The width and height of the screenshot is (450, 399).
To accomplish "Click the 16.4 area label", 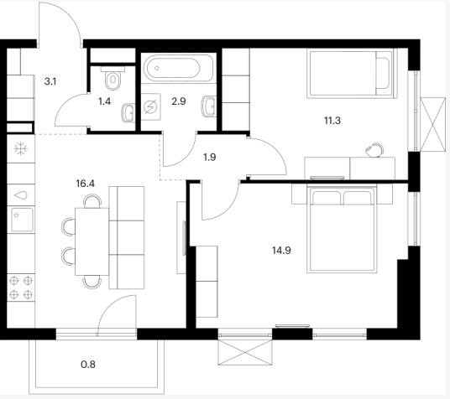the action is [86, 184].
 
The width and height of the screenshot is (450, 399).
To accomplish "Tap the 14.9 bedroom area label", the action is [281, 251].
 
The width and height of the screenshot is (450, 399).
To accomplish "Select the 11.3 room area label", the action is [332, 121].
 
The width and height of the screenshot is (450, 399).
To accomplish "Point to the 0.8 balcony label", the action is [88, 365].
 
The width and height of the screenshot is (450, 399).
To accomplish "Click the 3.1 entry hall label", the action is [50, 81].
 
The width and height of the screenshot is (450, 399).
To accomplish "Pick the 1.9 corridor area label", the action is [210, 157].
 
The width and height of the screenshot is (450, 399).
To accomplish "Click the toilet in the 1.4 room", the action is [113, 78].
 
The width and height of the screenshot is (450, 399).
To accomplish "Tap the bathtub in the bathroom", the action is [179, 68].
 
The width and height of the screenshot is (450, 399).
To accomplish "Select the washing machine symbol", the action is [151, 106].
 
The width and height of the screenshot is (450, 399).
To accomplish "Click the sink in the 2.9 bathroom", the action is [209, 106].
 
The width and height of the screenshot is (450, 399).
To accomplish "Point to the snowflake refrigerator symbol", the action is [21, 149].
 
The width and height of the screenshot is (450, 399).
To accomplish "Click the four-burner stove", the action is [21, 288].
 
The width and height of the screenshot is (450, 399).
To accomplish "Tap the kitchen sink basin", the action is [22, 220].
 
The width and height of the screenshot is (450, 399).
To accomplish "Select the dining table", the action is [92, 241].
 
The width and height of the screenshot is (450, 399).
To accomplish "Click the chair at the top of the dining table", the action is [92, 200].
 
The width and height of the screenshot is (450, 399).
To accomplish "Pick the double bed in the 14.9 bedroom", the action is [342, 229].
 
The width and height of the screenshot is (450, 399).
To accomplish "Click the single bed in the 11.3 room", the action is [351, 74].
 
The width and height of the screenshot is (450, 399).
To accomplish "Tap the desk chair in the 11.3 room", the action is [374, 150].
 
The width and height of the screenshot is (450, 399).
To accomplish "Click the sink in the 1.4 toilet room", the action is [128, 113].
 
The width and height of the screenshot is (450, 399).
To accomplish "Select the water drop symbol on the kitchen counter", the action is [21, 195].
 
